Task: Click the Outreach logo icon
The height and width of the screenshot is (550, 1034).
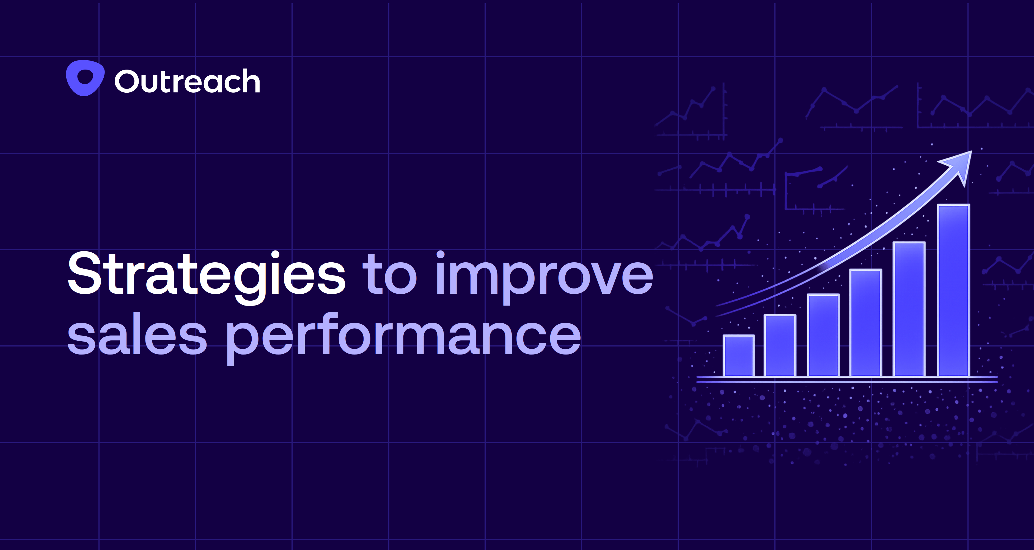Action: pyautogui.click(x=85, y=78)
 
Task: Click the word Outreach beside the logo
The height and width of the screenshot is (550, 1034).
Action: pyautogui.click(x=187, y=81)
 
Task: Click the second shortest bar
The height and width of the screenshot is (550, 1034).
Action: pyautogui.click(x=780, y=346)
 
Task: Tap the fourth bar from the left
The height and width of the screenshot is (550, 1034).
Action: pyautogui.click(x=866, y=323)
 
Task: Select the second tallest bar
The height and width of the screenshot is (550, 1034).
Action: pyautogui.click(x=909, y=309)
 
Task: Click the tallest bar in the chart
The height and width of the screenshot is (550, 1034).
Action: pyautogui.click(x=953, y=291)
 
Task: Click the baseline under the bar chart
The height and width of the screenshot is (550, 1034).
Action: pyautogui.click(x=847, y=379)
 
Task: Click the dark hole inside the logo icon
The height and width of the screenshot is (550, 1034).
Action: pyautogui.click(x=85, y=76)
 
